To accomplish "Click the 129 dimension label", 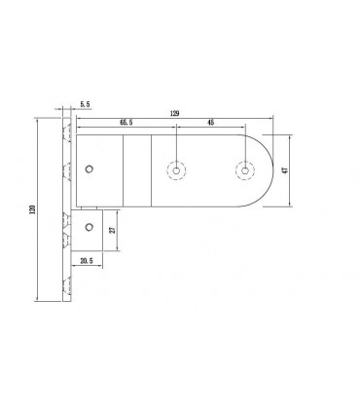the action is coord(174,113).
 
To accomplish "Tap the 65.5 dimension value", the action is coord(126,123).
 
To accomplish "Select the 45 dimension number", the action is coord(210,123).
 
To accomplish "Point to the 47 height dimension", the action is coord(286,170).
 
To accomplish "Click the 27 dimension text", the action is coord(113,230).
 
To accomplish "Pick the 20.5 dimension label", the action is coord(86,260).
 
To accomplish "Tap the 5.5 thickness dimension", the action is coord(85,104).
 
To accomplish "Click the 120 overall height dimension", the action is coord(31,209).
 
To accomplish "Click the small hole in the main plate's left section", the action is coord(90,169).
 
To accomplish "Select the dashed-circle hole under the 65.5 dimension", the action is coord(176,170).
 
